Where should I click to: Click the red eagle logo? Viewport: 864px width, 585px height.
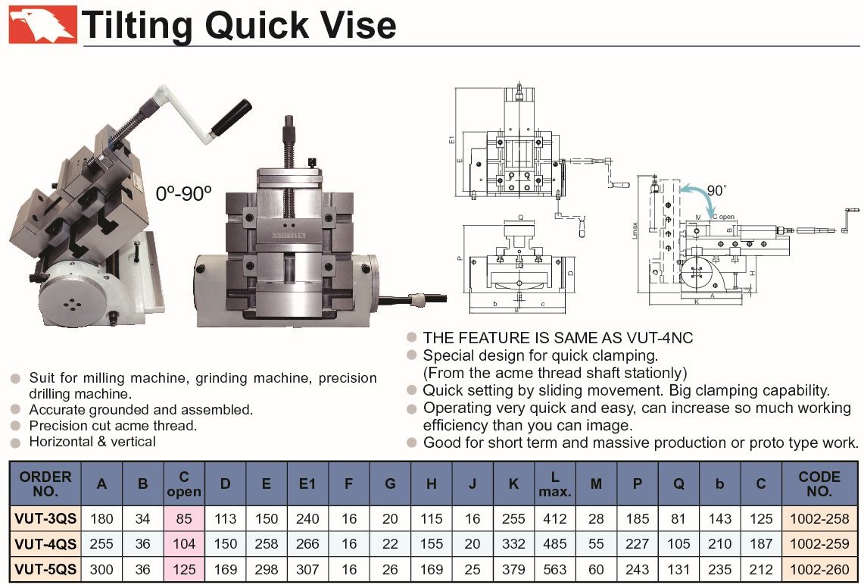coord(42,24)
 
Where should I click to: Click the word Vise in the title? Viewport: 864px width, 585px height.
coord(354,25)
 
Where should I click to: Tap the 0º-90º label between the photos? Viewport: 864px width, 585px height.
coord(182,193)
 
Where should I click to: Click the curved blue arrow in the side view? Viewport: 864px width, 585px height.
coord(700,198)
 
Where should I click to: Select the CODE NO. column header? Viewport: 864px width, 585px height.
coord(819,483)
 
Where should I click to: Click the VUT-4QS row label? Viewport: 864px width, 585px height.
coord(45,543)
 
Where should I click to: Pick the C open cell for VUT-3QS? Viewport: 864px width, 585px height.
coord(184,519)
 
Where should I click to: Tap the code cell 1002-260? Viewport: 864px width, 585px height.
coord(820,568)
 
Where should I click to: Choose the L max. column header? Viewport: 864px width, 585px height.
coord(554,483)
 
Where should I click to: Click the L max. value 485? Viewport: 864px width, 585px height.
coord(555,543)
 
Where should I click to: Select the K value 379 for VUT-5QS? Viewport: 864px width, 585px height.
coord(513,568)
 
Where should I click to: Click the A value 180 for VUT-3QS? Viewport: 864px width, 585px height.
coord(101,519)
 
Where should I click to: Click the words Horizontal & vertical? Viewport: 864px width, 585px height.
coord(92,441)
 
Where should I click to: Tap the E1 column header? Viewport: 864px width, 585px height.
coord(307,483)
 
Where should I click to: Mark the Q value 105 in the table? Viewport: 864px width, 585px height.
coord(678,543)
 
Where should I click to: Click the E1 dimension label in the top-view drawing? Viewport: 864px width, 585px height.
coord(451,140)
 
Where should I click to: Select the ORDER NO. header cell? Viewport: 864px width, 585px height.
coord(45,483)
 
